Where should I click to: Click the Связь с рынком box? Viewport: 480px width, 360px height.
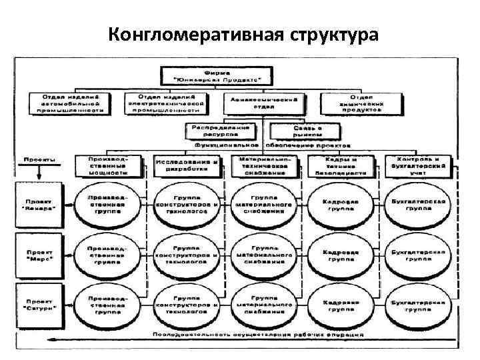tap(301, 131)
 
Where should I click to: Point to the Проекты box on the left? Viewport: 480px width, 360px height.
tap(39, 160)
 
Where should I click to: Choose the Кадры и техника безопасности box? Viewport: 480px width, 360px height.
tap(341, 165)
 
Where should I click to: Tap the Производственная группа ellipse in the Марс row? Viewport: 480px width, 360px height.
tap(109, 254)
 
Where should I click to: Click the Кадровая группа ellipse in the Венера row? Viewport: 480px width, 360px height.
tap(341, 203)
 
